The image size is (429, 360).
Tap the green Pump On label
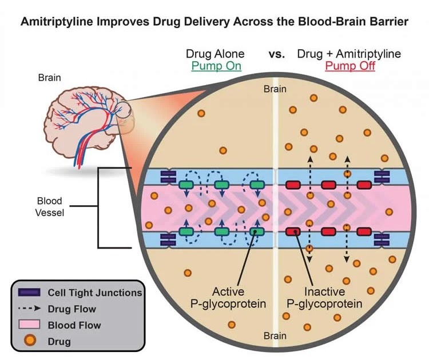(216, 66)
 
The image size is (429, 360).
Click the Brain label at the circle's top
(275, 89)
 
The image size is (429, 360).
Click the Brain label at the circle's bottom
(275, 336)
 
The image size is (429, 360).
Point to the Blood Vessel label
(49, 207)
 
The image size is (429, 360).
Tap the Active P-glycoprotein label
(231, 297)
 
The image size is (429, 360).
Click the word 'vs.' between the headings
(278, 54)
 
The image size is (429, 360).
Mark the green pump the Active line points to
(257, 231)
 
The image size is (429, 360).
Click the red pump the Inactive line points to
(293, 231)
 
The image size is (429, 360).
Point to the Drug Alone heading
(215, 54)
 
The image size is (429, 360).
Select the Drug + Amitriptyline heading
(348, 54)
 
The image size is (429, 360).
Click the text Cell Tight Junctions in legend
(95, 293)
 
